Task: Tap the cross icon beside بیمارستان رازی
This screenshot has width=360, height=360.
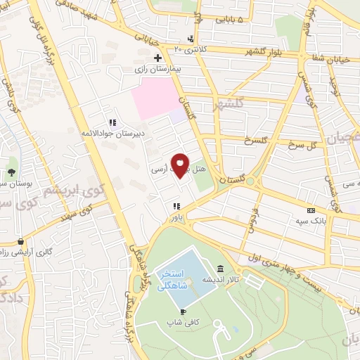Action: click(x=157, y=58)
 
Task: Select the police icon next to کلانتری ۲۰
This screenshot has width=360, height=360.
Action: click(x=191, y=39)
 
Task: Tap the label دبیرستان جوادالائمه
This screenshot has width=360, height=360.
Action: click(x=110, y=133)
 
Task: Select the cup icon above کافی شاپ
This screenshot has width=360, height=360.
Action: click(x=184, y=311)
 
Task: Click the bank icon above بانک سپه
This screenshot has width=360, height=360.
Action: click(x=311, y=210)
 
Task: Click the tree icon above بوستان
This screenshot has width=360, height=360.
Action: click(x=12, y=172)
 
